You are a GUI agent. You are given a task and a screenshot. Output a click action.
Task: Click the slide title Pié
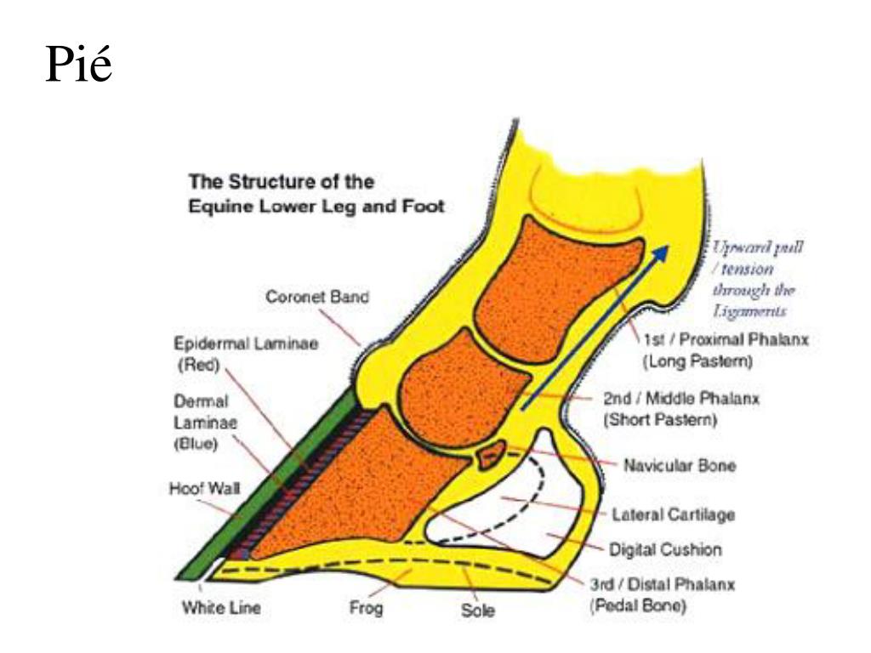(x=78, y=64)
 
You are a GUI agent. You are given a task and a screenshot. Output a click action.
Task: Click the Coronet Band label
(x=317, y=297)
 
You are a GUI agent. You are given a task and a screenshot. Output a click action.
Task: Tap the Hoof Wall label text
(x=205, y=488)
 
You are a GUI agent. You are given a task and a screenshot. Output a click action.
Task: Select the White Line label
(x=221, y=607)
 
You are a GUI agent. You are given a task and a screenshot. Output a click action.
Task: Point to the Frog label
(x=366, y=608)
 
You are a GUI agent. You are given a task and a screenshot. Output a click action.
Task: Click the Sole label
(x=478, y=610)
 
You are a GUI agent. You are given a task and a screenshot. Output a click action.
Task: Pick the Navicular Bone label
(x=680, y=465)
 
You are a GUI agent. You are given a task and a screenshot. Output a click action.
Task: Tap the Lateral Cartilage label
(x=674, y=514)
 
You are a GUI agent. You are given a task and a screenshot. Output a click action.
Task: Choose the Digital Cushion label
(x=665, y=550)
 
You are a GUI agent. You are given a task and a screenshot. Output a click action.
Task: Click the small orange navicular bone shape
(x=492, y=456)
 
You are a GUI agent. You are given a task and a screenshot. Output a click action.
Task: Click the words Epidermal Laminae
(x=246, y=344)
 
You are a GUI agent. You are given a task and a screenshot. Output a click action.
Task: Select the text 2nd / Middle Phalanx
(x=681, y=398)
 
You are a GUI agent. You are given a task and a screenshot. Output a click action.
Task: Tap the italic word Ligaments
(x=750, y=311)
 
